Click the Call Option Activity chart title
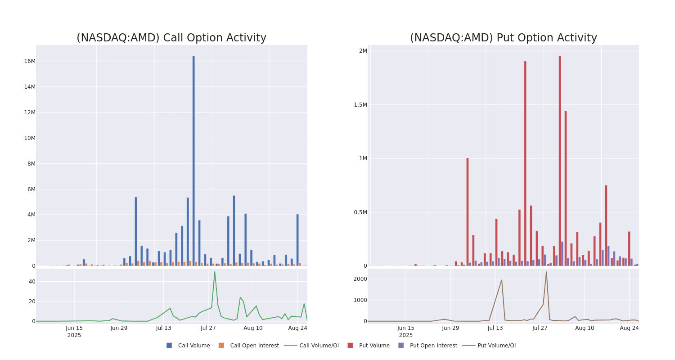[171, 38]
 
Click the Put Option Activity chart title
[503, 38]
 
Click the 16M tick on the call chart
[30, 61]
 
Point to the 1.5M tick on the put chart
[360, 105]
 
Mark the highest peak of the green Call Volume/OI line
[215, 272]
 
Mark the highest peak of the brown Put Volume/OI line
[546, 272]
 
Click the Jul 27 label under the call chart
[208, 328]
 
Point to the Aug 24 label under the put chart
[629, 328]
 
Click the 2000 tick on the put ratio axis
[360, 279]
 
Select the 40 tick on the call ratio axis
[31, 282]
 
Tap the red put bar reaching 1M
[468, 211]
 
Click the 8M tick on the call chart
[31, 164]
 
